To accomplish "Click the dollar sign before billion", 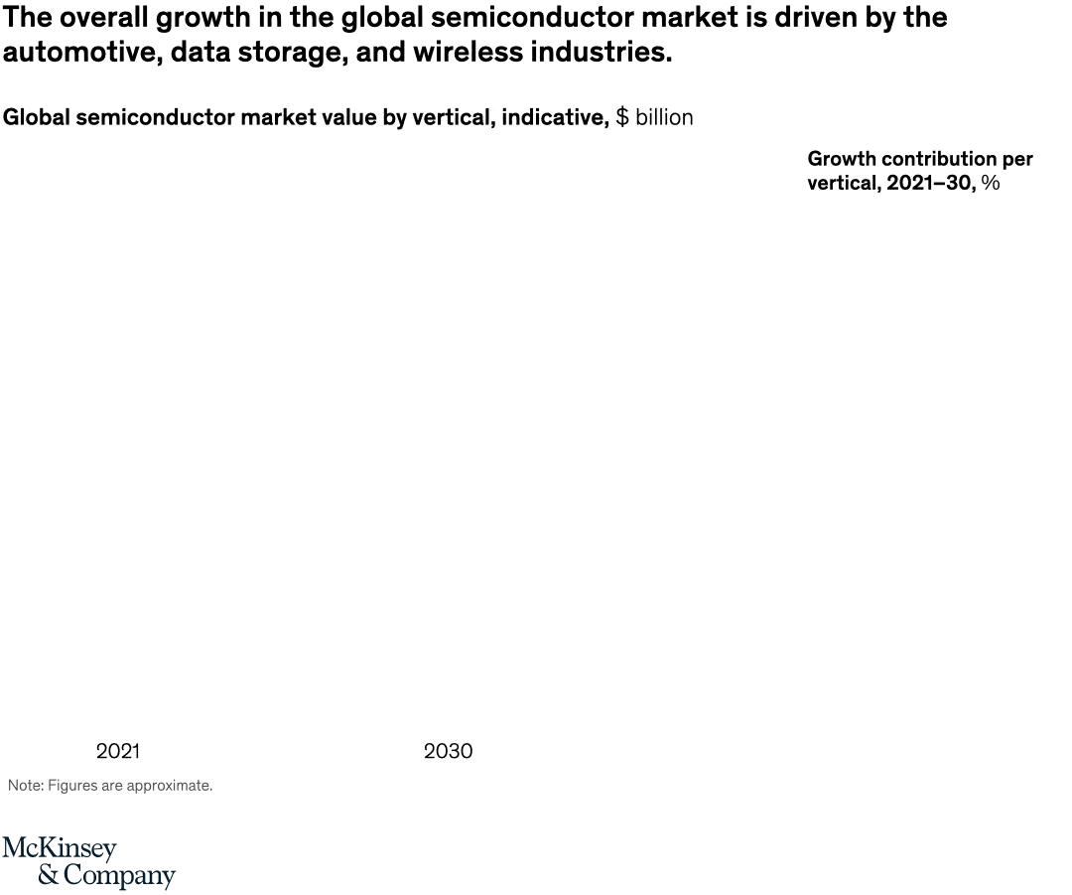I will coord(622,117).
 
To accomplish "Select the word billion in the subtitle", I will coord(664,117).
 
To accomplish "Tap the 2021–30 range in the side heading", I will coord(930,183).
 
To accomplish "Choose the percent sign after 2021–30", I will coord(991,183).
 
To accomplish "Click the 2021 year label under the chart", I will coord(118,751).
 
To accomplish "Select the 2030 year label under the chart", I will coord(448,751).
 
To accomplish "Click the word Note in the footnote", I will coord(24,786).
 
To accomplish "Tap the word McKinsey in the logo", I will coord(60,850).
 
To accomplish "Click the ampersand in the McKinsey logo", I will coord(49,876).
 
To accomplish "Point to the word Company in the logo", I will coord(119,877).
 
